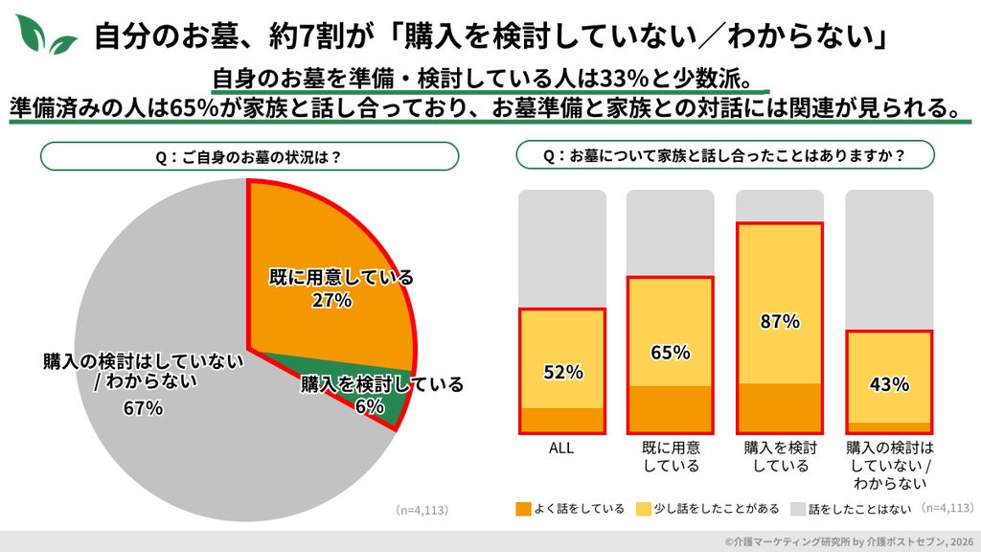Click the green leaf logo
point(44,34)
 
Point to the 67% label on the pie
point(144,408)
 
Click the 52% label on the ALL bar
point(563,373)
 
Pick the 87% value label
point(780,322)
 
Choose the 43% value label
point(889,383)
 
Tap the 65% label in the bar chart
point(670,353)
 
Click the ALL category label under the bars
point(561,448)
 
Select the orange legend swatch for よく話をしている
point(523,509)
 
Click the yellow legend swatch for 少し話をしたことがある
point(643,509)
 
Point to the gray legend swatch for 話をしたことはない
point(798,509)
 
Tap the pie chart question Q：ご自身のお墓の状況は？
point(249,156)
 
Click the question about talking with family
point(724,155)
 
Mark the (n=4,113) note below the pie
point(422,510)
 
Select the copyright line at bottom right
point(849,541)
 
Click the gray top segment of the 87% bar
point(780,205)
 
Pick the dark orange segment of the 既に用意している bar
point(670,409)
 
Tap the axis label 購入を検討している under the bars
point(780,457)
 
